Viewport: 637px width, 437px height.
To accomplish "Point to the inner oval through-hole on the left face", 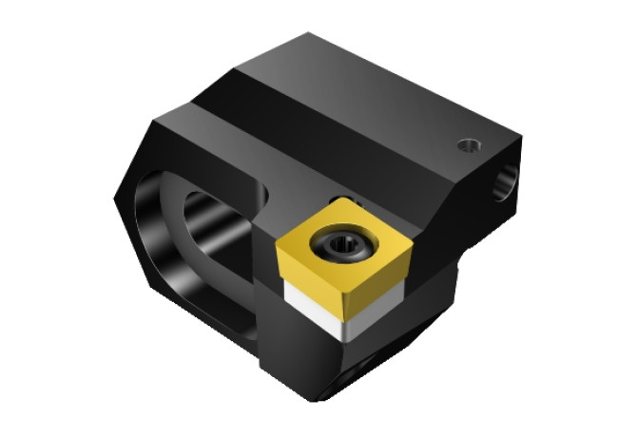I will [x=204, y=237].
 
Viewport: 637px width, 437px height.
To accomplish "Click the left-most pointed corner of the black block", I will [x=115, y=198].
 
